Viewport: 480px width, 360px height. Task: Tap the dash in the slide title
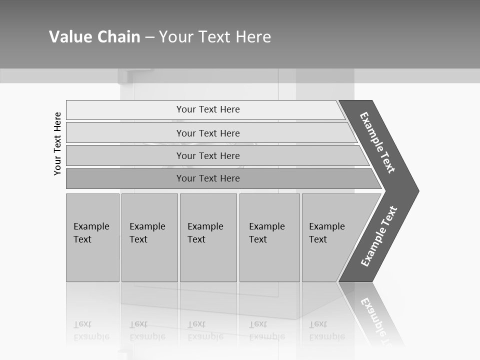tap(149, 37)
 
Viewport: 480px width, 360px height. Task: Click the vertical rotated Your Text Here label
tap(57, 143)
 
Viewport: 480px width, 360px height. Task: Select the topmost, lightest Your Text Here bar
tap(207, 109)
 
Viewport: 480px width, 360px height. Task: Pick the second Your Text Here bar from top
tap(207, 133)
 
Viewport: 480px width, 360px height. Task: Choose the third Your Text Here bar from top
tap(207, 155)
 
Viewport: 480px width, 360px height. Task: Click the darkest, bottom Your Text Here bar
tap(207, 178)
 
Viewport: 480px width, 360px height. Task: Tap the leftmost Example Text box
tap(92, 237)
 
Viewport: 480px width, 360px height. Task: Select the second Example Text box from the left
tap(149, 237)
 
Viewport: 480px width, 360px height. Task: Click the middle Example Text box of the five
tap(208, 237)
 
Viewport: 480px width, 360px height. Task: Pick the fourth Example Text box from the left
tap(269, 237)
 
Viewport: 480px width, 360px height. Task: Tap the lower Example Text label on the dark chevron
tap(378, 236)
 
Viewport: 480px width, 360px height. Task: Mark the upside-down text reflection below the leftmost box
tap(91, 330)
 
